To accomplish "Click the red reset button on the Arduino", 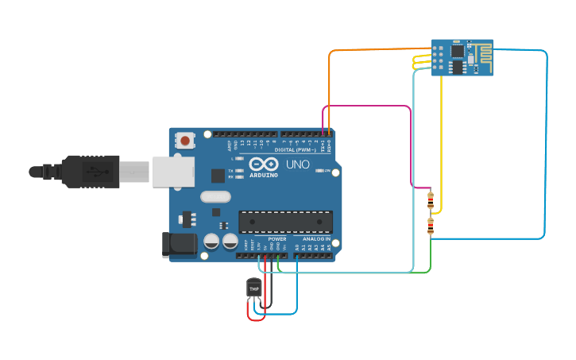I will [185, 141].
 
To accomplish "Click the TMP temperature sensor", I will [254, 288].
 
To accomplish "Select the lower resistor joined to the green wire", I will [431, 226].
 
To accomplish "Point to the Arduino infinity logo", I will [263, 164].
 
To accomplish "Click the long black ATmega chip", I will [286, 222].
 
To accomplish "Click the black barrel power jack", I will [178, 245].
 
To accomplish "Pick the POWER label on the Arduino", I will [277, 238].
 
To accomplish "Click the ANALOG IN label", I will [313, 238].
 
